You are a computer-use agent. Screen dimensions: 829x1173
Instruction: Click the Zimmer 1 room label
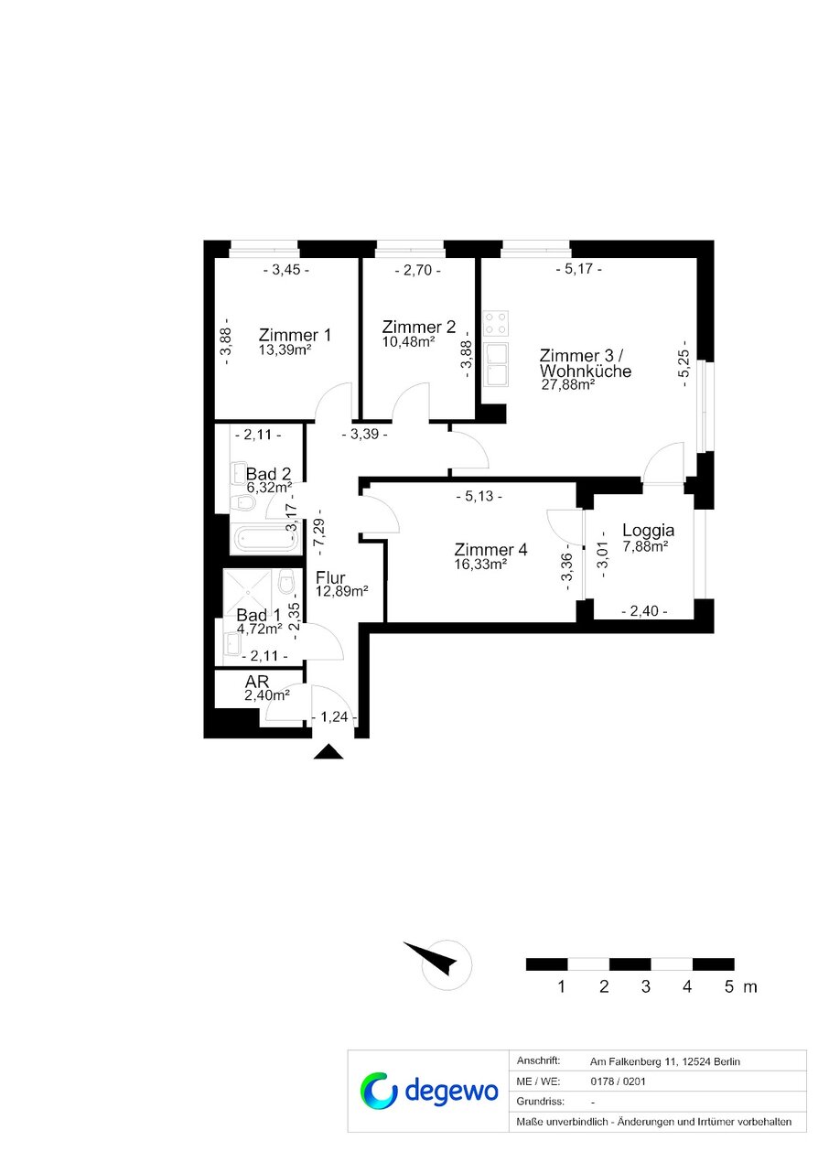[295, 335]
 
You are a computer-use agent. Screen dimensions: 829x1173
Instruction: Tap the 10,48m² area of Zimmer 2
[408, 342]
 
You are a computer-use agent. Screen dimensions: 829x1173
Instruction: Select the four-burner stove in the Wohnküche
[495, 323]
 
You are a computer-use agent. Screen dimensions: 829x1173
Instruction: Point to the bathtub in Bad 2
[265, 539]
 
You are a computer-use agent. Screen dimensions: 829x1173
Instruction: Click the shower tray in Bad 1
[247, 592]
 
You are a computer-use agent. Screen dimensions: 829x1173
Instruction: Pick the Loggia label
[648, 531]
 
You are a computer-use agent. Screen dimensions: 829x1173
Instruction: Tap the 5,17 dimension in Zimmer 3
[578, 269]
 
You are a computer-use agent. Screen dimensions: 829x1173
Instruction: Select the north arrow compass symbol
[440, 964]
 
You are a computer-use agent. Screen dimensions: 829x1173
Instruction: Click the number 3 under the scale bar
[645, 986]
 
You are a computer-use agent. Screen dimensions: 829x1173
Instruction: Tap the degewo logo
[429, 1091]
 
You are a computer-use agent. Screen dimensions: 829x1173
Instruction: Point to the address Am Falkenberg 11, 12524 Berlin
[664, 1061]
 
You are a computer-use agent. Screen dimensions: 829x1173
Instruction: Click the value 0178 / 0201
[618, 1082]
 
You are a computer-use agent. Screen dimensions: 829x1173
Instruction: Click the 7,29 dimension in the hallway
[320, 532]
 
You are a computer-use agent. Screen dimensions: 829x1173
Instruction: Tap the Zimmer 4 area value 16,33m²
[480, 565]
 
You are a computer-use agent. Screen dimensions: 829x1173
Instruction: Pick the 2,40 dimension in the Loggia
[644, 611]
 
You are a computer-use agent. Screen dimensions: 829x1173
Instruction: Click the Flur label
[330, 577]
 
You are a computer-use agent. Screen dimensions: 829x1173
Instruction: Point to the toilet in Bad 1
[285, 582]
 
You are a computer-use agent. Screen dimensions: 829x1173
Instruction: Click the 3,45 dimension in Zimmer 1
[285, 270]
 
